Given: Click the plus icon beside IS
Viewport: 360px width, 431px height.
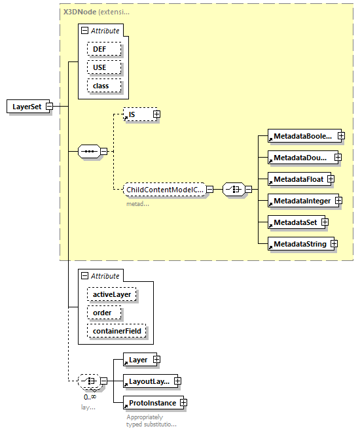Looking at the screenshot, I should pos(156,114).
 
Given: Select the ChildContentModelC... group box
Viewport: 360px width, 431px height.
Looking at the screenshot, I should pos(165,190).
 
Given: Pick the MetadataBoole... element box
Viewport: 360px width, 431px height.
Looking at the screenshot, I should pos(302,136).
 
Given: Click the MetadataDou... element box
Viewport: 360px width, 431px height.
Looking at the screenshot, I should pos(300,158).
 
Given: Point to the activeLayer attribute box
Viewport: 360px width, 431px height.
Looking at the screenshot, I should pos(111,294).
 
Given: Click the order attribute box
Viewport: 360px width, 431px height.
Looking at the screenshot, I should pos(102,313).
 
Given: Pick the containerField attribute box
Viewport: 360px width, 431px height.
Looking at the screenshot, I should pos(116,332).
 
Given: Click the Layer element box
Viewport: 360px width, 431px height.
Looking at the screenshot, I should pos(137,359).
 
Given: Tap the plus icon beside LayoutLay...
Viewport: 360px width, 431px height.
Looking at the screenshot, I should pos(177,381).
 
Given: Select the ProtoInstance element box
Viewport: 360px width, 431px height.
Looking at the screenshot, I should pos(152,403).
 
